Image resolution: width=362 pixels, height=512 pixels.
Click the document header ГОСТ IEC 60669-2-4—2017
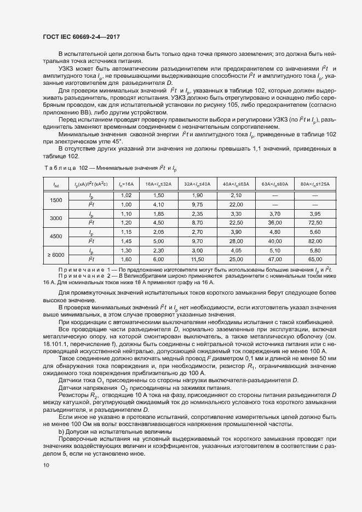pos(81,37)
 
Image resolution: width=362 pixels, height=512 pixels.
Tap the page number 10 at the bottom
pos(45,465)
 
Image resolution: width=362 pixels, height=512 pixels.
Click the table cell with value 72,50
pos(315,223)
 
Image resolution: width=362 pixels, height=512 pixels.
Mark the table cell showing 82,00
pos(315,241)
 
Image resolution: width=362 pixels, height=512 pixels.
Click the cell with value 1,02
pos(126,195)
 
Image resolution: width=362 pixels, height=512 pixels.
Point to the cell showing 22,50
pos(237,223)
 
